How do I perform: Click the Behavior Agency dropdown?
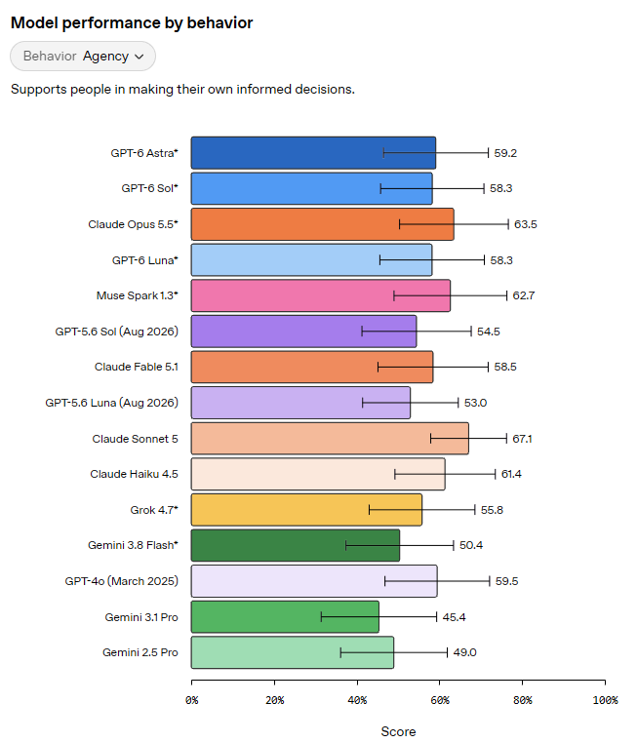83,56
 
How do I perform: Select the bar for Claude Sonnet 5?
330,439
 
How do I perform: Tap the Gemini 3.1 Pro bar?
285,616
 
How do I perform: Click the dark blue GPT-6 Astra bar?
313,152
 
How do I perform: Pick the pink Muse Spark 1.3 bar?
320,295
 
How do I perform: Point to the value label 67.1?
522,439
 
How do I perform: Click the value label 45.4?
454,617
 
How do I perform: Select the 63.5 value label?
525,224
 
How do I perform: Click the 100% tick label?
605,700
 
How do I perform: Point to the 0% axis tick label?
191,700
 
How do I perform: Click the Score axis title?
398,731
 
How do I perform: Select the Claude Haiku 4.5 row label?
135,474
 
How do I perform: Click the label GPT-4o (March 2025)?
121,581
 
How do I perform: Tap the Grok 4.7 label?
154,510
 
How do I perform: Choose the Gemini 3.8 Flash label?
133,545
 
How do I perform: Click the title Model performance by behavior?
132,22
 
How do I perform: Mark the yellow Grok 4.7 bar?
306,509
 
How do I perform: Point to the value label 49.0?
464,652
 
